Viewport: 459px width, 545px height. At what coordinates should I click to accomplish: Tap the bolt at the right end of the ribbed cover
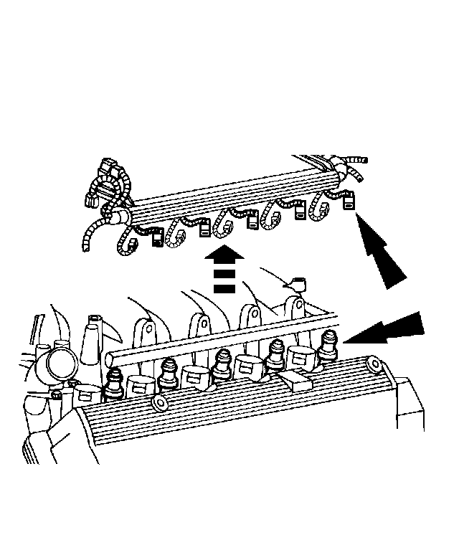pyautogui.click(x=374, y=366)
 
